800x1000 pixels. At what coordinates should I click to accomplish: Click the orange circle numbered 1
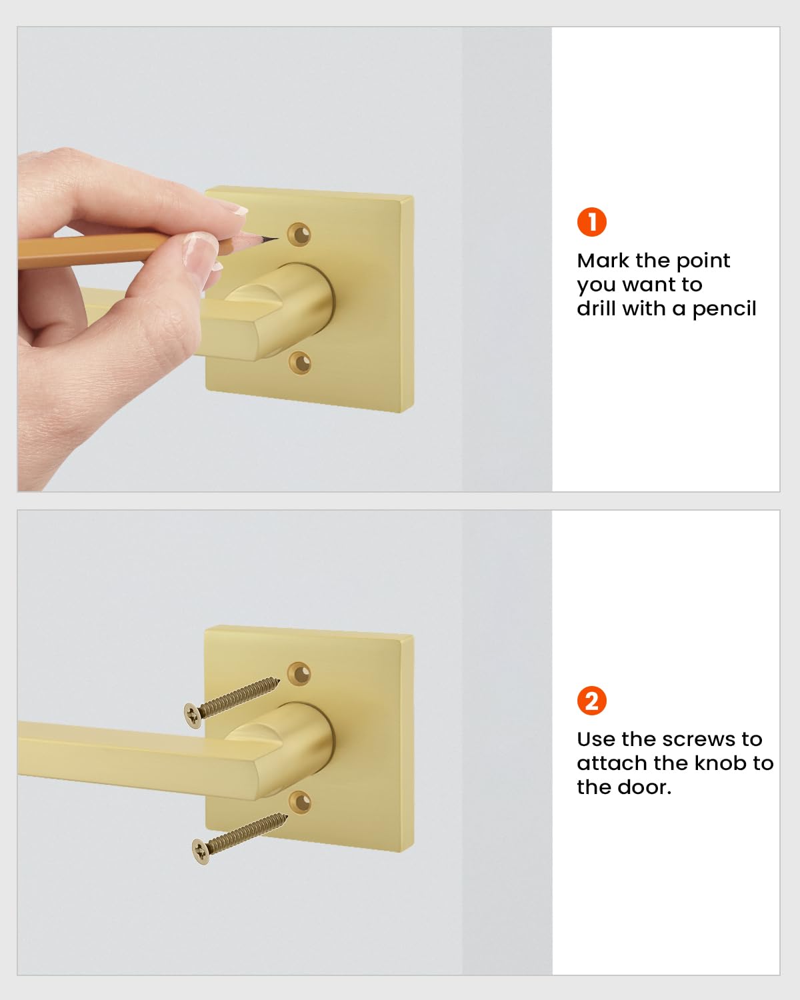(x=591, y=221)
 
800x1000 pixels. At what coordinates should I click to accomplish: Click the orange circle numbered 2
(x=591, y=700)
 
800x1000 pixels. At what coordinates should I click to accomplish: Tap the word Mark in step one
(x=603, y=261)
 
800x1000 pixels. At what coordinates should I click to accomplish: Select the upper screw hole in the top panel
(x=299, y=234)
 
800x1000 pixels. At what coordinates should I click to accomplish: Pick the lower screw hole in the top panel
(x=300, y=363)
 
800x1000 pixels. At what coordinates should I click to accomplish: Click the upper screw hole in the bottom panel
(x=299, y=673)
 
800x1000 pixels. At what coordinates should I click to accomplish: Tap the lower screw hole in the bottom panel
(x=300, y=802)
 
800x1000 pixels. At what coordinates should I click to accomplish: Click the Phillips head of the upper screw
(x=193, y=715)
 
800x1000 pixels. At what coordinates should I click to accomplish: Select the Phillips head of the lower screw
(x=201, y=851)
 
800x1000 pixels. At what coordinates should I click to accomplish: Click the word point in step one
(x=703, y=261)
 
